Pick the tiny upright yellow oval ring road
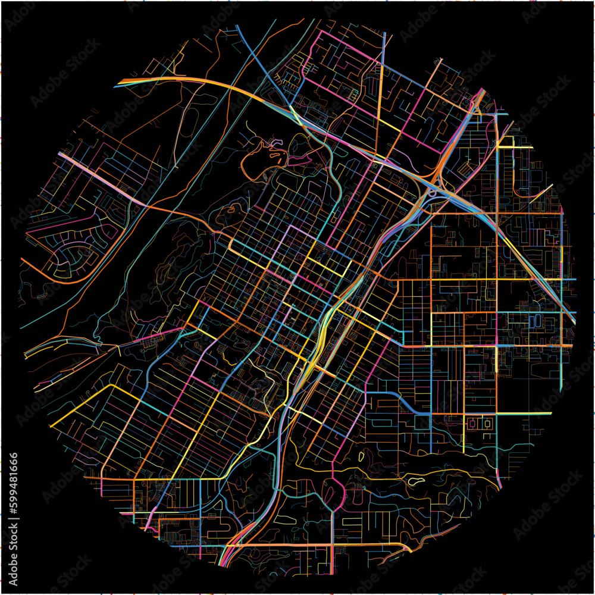click(361, 456)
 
